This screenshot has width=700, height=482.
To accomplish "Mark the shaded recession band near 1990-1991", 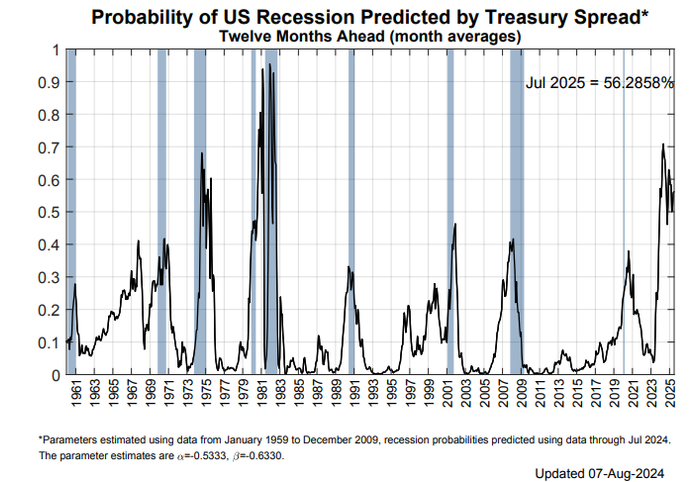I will [x=351, y=210].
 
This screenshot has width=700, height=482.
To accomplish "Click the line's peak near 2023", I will [x=662, y=144].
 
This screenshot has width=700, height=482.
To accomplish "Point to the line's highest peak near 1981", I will [x=268, y=64].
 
